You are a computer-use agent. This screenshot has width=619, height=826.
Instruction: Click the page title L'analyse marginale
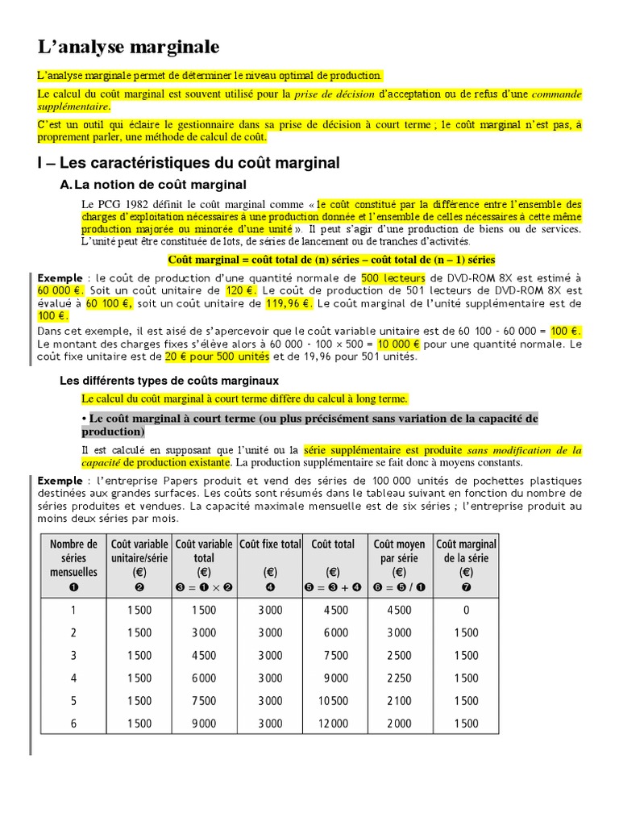[x=128, y=47]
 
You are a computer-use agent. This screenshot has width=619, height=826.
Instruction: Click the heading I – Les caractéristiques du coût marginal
[x=189, y=163]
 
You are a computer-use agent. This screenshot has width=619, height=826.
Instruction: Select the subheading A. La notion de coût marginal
[x=153, y=186]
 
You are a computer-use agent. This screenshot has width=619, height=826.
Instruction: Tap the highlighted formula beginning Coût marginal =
[x=331, y=260]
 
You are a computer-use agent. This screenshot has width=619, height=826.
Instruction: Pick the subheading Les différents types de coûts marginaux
[x=170, y=380]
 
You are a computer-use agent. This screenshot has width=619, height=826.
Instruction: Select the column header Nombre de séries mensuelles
[x=73, y=557]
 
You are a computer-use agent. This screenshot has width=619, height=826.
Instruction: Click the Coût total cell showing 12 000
[x=335, y=724]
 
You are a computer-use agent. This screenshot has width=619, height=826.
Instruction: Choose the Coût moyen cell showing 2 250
[x=401, y=678]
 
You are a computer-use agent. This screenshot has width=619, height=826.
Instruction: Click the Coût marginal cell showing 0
[x=466, y=611]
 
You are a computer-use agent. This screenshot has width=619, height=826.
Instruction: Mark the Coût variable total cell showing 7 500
[x=205, y=701]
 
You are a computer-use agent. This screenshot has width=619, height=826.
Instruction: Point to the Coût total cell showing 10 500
[x=335, y=701]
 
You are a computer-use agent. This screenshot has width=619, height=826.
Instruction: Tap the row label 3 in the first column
[x=73, y=656]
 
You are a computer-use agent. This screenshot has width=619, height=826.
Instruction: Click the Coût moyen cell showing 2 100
[x=401, y=701]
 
